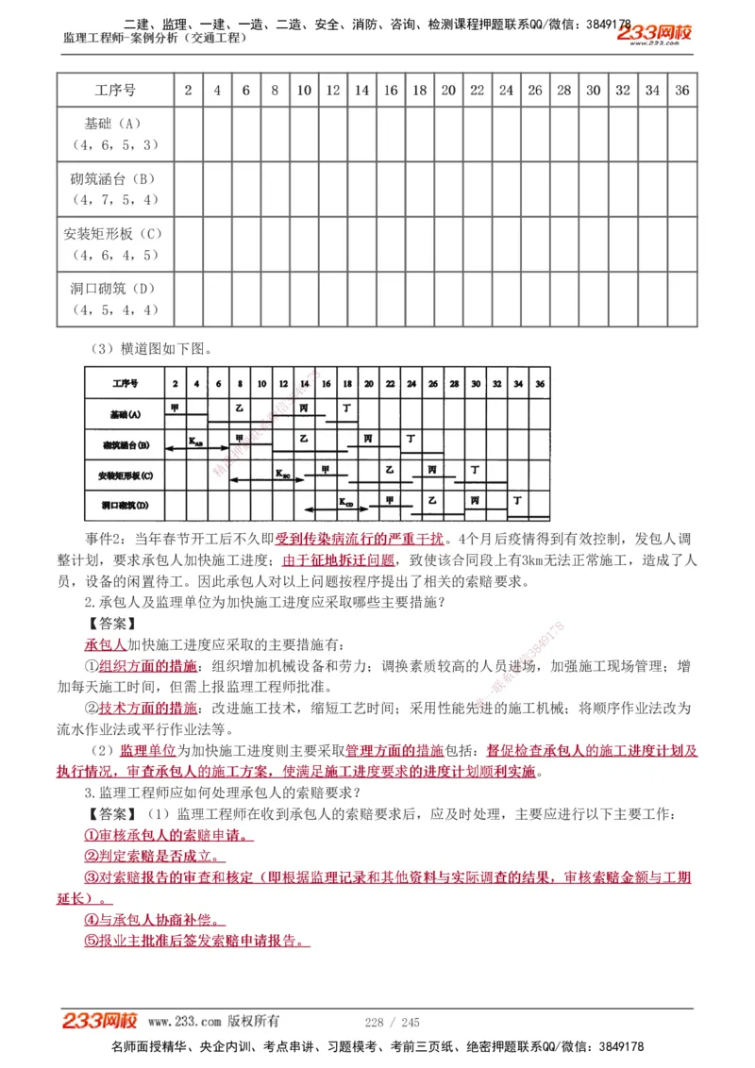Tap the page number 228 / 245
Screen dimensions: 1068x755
pyautogui.click(x=392, y=1022)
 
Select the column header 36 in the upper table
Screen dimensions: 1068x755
pyautogui.click(x=682, y=91)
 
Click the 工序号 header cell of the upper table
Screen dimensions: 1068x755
pyautogui.click(x=115, y=91)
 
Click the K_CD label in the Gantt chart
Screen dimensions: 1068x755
pyautogui.click(x=346, y=503)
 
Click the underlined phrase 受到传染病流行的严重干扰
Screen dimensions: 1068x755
pyautogui.click(x=359, y=540)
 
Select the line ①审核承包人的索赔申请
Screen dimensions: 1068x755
pyautogui.click(x=169, y=835)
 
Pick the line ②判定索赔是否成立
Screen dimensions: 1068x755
pyautogui.click(x=154, y=856)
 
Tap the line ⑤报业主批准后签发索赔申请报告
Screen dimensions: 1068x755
pyautogui.click(x=196, y=940)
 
